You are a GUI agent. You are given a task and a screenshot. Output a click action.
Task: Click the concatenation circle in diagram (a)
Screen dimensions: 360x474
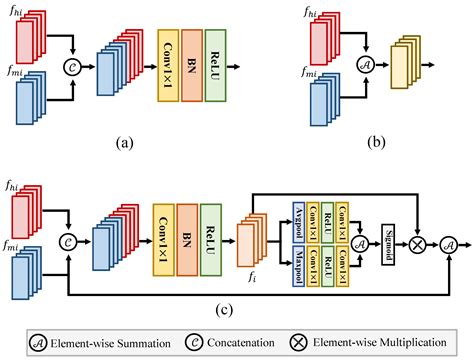71,66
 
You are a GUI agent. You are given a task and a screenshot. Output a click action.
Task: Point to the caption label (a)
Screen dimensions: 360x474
124,142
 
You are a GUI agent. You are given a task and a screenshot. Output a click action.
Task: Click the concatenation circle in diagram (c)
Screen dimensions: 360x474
66,240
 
